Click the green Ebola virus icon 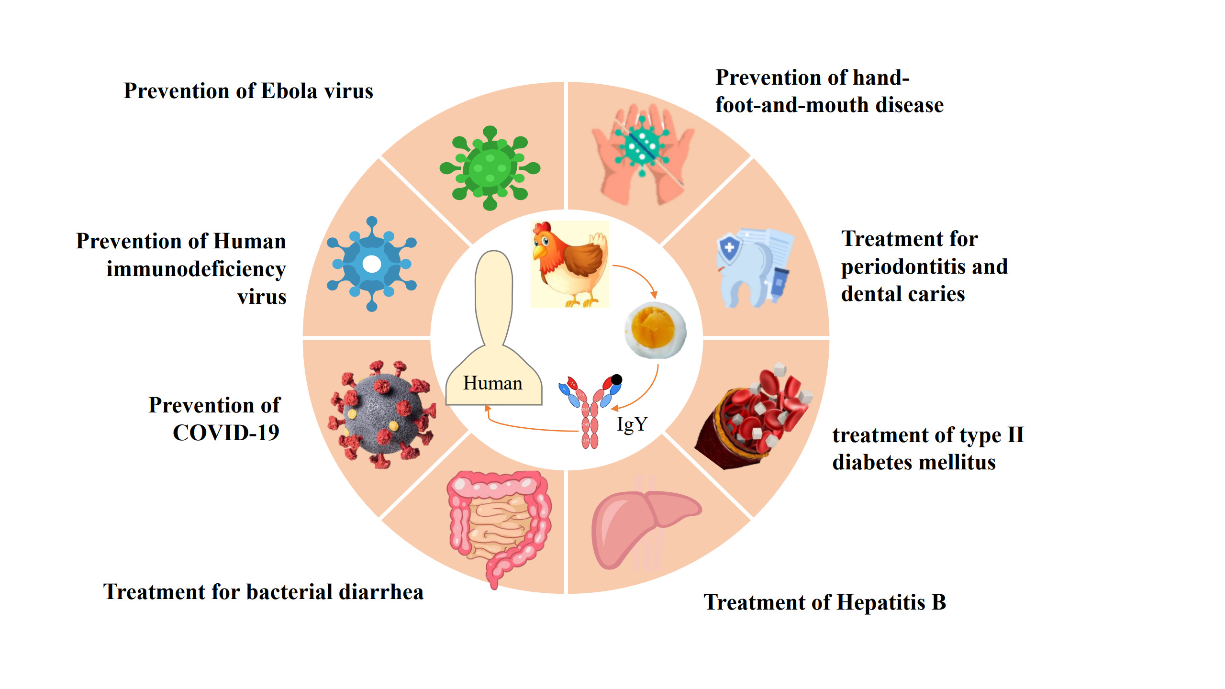490,168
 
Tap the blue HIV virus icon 372,264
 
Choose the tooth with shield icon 754,268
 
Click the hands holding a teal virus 644,153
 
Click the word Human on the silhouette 493,383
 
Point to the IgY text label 632,424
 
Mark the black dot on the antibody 617,379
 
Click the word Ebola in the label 290,91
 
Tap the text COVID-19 226,433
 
